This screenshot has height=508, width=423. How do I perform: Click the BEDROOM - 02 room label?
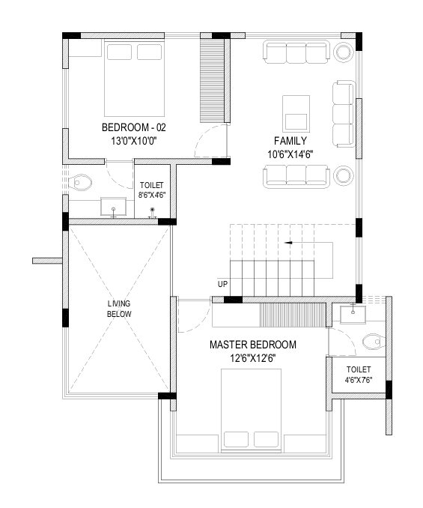[x=134, y=127]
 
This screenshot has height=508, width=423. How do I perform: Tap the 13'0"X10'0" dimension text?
[x=134, y=142]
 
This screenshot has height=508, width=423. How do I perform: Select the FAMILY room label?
[x=290, y=141]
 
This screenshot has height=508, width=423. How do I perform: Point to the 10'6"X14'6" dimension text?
[x=290, y=154]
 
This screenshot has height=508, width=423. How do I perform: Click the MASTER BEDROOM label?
[x=253, y=345]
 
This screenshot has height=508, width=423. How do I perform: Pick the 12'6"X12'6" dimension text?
[x=253, y=358]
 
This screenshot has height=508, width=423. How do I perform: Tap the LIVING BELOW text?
[x=119, y=309]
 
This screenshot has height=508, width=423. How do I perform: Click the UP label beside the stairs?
[x=222, y=284]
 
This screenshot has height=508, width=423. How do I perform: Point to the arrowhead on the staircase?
[x=288, y=242]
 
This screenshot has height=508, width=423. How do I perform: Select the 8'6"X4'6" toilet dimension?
[x=152, y=195]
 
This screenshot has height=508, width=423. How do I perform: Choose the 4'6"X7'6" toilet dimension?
[x=359, y=380]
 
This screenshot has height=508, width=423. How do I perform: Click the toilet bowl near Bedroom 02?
[x=81, y=183]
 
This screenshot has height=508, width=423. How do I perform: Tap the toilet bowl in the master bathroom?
[x=374, y=342]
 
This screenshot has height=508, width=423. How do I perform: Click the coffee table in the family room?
[x=296, y=114]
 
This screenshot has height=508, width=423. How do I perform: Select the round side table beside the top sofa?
[x=343, y=52]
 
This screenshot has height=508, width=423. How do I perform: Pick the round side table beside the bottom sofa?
[x=344, y=175]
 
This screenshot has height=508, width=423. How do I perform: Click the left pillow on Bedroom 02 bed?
[x=119, y=52]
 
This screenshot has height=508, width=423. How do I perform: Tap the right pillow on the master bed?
[x=266, y=439]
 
